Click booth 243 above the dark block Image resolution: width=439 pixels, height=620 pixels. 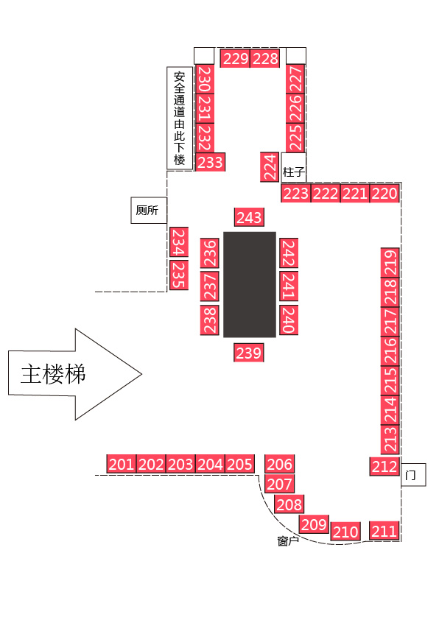coord(249,217)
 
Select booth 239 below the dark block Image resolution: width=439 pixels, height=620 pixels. coord(249,352)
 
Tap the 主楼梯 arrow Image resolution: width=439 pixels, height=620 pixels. coord(75,373)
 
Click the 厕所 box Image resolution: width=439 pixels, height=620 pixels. coord(149,211)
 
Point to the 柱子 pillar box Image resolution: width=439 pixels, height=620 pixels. coord(293,168)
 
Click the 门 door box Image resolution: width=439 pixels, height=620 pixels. coord(413,474)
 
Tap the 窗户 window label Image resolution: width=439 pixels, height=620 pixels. coord(288,540)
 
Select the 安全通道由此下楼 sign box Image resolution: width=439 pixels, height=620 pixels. coord(180,119)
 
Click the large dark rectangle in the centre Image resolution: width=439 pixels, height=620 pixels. coord(250,285)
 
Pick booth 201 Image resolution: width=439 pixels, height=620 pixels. coord(122,464)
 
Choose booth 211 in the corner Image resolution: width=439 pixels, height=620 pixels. coord(384,531)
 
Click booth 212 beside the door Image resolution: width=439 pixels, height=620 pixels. coord(384,467)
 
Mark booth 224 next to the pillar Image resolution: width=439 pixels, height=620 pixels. coord(270,167)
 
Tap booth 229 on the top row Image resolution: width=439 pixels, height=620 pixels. coord(235,58)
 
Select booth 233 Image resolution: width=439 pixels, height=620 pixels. coord(211,162)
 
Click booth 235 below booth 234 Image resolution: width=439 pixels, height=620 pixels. coord(179,275)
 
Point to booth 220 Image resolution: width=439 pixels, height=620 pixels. coord(384,194)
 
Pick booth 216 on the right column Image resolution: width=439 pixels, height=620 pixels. coord(390,350)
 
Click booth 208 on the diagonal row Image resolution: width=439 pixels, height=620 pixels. coord(289,504)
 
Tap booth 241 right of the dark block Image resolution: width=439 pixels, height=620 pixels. coord(289,286)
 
